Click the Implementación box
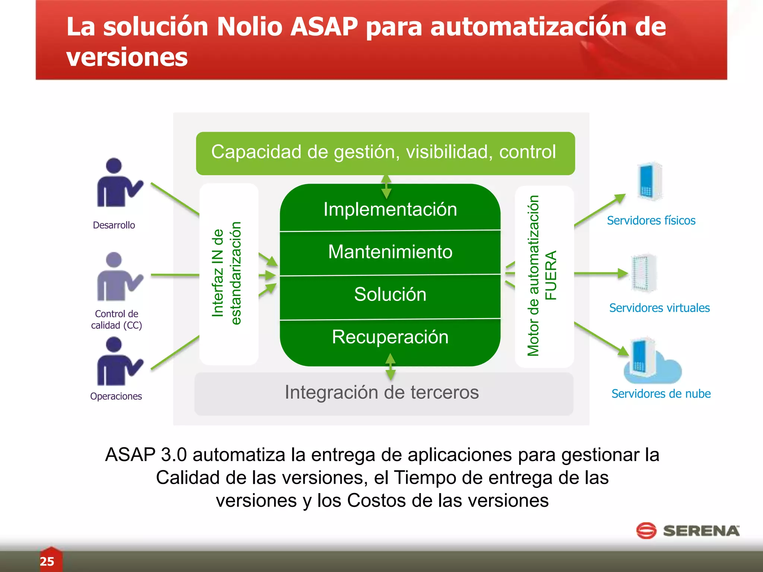(390, 209)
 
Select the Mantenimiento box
(390, 252)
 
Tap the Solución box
(390, 295)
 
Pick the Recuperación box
(390, 337)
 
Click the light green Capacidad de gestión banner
(385, 153)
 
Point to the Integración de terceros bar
(383, 393)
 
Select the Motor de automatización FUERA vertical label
(542, 276)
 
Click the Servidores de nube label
(661, 394)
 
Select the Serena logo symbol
(646, 531)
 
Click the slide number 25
(47, 561)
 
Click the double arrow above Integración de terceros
(390, 367)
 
